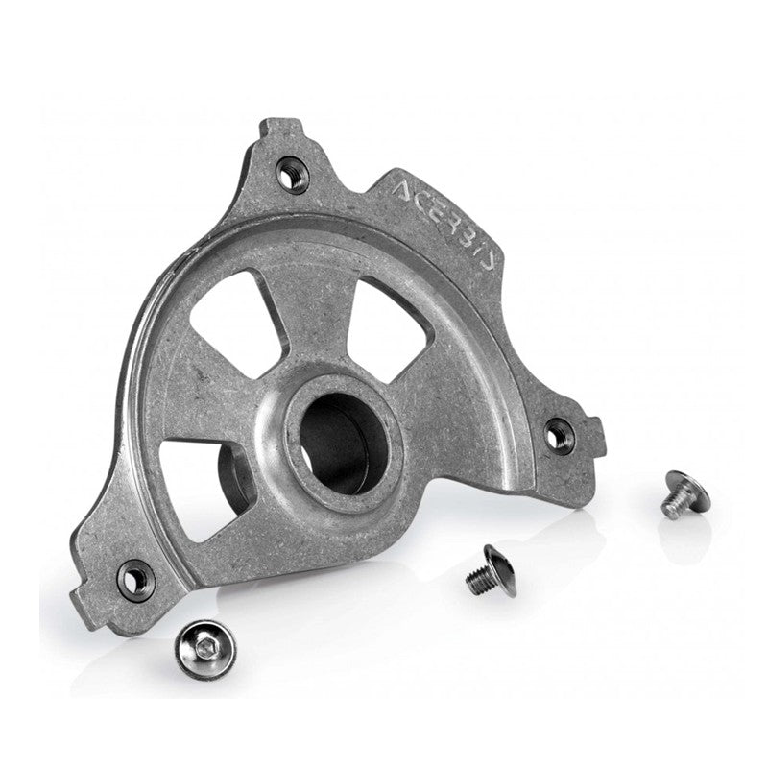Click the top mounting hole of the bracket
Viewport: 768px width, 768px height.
[288, 174]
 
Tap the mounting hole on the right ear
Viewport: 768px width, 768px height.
[558, 435]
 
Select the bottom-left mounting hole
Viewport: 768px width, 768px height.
[135, 577]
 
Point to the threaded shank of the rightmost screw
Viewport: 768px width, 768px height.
[673, 507]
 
